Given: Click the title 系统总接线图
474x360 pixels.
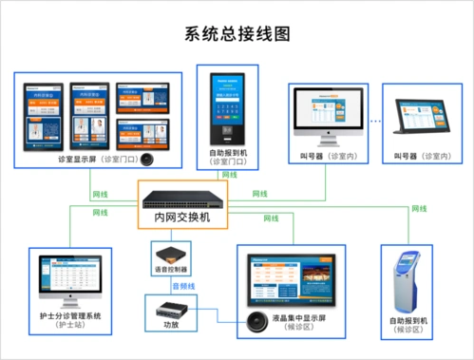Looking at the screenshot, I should click(237, 32).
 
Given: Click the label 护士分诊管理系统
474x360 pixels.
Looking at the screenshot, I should click(69, 315).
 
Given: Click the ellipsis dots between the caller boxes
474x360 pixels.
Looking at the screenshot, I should click(375, 122).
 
